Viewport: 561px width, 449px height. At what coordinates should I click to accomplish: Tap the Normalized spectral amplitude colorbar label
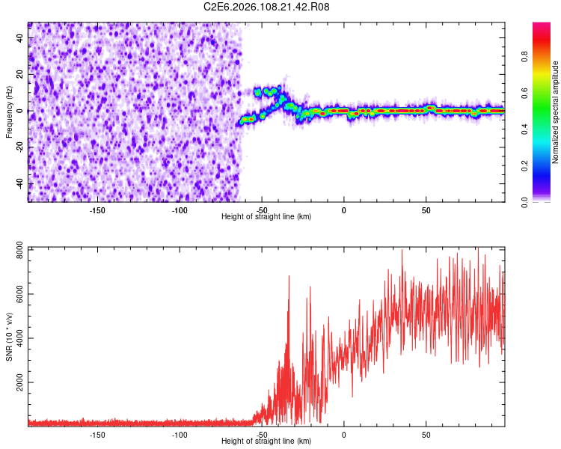tap(556, 112)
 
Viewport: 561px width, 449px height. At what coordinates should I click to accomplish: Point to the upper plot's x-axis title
tap(266, 216)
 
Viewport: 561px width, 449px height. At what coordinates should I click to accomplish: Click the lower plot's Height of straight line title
tap(266, 441)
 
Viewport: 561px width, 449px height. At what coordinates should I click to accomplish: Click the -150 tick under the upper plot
tap(96, 210)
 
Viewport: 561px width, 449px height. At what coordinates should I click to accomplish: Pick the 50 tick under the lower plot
tap(426, 434)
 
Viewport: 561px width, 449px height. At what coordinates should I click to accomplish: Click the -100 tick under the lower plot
tap(179, 434)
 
